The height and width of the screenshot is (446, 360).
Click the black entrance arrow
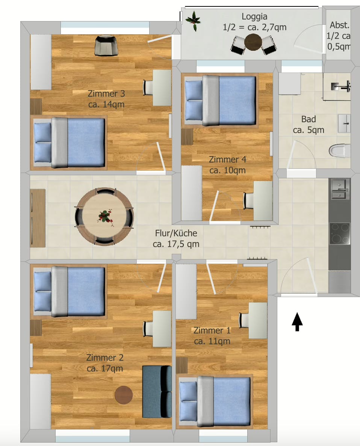pyautogui.click(x=297, y=322)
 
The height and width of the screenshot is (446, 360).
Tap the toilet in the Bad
pyautogui.click(x=339, y=151)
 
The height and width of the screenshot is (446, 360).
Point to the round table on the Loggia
pyautogui.click(x=253, y=42)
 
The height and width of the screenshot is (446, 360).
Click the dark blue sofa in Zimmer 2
pyautogui.click(x=157, y=391)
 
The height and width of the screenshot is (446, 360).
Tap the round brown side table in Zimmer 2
pyautogui.click(x=124, y=395)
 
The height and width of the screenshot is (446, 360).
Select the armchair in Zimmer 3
pyautogui.click(x=107, y=45)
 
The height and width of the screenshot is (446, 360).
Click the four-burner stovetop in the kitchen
pyautogui.click(x=339, y=234)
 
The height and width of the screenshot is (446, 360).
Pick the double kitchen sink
pyautogui.click(x=340, y=189)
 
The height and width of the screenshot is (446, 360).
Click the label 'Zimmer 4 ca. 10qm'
pyautogui.click(x=228, y=165)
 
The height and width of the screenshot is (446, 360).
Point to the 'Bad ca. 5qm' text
pyautogui.click(x=309, y=125)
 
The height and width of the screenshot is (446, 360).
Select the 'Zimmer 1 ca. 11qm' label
pyautogui.click(x=212, y=336)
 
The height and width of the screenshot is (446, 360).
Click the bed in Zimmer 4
pyautogui.click(x=220, y=100)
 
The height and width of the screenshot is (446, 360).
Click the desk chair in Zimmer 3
pyautogui.click(x=148, y=88)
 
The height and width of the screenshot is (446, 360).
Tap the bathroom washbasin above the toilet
pyautogui.click(x=344, y=123)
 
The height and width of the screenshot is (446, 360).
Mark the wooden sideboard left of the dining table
pyautogui.click(x=38, y=218)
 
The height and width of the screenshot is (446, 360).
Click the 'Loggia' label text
pyautogui.click(x=254, y=17)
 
